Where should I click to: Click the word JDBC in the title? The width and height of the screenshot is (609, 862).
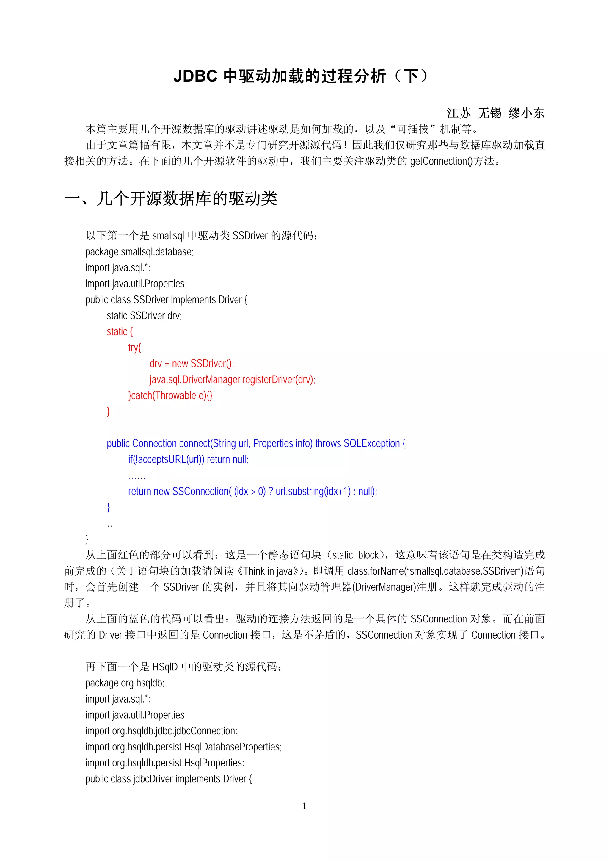195,76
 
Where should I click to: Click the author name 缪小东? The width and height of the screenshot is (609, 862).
526,113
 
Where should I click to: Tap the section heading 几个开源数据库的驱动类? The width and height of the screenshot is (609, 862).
187,198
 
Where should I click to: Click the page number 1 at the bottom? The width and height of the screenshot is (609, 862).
304,806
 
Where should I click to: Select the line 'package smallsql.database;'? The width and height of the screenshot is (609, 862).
139,252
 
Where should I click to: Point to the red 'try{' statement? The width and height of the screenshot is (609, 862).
134,348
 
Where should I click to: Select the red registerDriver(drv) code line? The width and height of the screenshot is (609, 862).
232,380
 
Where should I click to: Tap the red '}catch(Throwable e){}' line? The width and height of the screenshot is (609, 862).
170,396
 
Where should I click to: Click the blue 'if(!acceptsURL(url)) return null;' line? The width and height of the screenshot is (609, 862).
188,459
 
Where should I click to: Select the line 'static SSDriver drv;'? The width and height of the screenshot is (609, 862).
144,316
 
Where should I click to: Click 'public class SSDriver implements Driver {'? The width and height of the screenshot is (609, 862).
166,300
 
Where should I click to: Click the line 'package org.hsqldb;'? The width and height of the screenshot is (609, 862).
125,683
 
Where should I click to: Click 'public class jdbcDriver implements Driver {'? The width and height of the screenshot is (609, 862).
168,779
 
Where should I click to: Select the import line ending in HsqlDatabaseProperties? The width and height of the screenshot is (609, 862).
183,747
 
